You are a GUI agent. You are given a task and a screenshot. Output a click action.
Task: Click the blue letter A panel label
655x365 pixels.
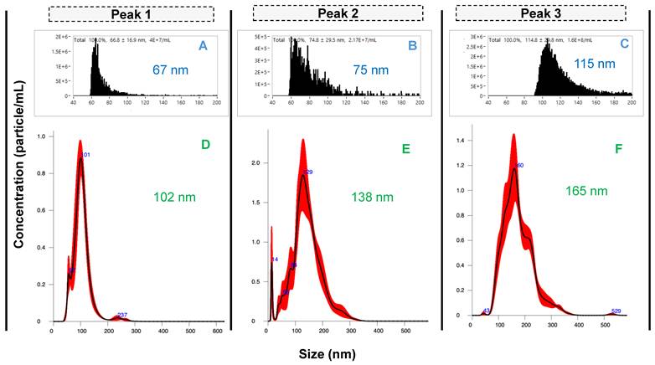(203, 46)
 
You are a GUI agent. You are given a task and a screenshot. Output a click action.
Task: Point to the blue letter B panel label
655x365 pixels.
(411, 46)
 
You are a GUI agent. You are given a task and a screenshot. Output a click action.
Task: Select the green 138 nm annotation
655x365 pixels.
(372, 197)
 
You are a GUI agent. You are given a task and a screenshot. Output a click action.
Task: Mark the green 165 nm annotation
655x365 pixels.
(585, 192)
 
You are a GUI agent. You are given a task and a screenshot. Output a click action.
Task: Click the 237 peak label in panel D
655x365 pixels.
(121, 315)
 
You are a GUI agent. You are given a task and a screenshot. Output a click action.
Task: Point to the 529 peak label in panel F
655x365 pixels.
(616, 311)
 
